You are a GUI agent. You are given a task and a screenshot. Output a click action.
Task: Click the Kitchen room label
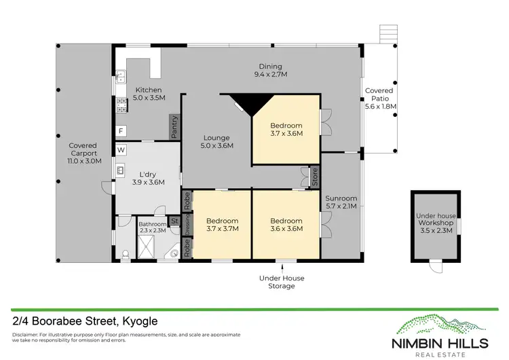(x=148, y=94)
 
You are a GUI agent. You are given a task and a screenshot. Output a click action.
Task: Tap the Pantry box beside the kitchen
(x=174, y=127)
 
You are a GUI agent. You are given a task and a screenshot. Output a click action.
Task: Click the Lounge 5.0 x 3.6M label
(x=216, y=141)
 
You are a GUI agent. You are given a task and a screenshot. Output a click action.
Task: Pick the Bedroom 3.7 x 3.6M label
(x=286, y=129)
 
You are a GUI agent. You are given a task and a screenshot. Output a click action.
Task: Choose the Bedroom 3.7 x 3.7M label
(x=222, y=225)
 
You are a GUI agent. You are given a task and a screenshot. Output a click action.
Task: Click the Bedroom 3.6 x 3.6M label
(x=286, y=225)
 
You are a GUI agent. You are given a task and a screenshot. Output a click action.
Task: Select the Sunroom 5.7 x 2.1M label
(x=341, y=203)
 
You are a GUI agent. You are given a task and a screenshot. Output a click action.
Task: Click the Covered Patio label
(x=379, y=98)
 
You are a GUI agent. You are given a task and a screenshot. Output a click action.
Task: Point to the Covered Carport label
(x=83, y=154)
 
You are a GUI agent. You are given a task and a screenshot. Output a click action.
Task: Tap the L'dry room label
(x=148, y=178)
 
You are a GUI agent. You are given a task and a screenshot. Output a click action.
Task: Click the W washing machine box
(x=121, y=149)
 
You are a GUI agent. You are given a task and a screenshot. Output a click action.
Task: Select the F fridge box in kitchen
(x=121, y=130)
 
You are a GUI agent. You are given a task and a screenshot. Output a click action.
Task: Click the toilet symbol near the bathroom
(x=125, y=252)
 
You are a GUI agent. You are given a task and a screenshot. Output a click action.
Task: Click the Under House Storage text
(x=277, y=282)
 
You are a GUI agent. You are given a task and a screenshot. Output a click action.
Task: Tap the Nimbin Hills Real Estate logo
(x=445, y=334)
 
